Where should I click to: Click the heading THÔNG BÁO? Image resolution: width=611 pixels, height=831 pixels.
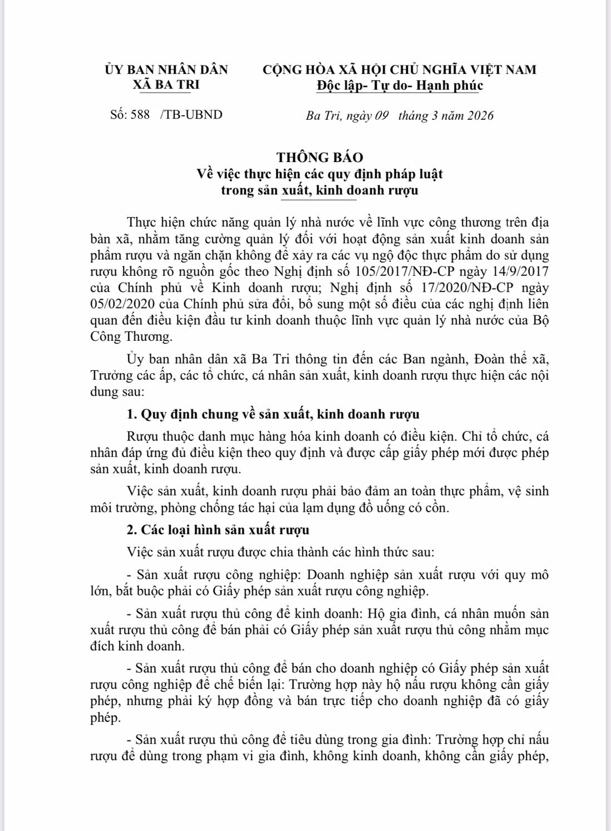[x=319, y=158]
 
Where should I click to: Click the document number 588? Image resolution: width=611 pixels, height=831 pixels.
[x=140, y=115]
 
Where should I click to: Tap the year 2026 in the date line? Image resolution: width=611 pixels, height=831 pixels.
[x=480, y=116]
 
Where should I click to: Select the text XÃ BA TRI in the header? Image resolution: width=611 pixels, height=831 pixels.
[x=166, y=85]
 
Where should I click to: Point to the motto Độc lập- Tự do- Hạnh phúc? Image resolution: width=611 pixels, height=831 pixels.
[x=399, y=86]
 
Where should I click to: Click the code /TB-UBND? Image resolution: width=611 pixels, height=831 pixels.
[x=191, y=115]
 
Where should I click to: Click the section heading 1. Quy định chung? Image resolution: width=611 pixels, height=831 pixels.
[x=273, y=414]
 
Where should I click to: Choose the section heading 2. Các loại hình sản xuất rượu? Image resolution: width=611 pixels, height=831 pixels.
[x=218, y=530]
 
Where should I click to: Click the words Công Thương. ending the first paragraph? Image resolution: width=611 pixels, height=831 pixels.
[x=131, y=336]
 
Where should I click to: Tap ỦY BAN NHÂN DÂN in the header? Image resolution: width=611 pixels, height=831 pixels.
[x=166, y=70]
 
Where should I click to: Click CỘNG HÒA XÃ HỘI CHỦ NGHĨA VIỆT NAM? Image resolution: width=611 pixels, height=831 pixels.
[x=399, y=70]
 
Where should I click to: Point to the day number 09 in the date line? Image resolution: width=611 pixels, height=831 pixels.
[x=381, y=116]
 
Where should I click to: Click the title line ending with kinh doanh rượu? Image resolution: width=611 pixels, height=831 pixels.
[x=319, y=190]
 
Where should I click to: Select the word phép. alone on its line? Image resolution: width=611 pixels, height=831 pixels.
[x=105, y=717]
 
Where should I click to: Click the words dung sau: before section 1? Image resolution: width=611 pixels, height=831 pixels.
[x=117, y=392]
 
